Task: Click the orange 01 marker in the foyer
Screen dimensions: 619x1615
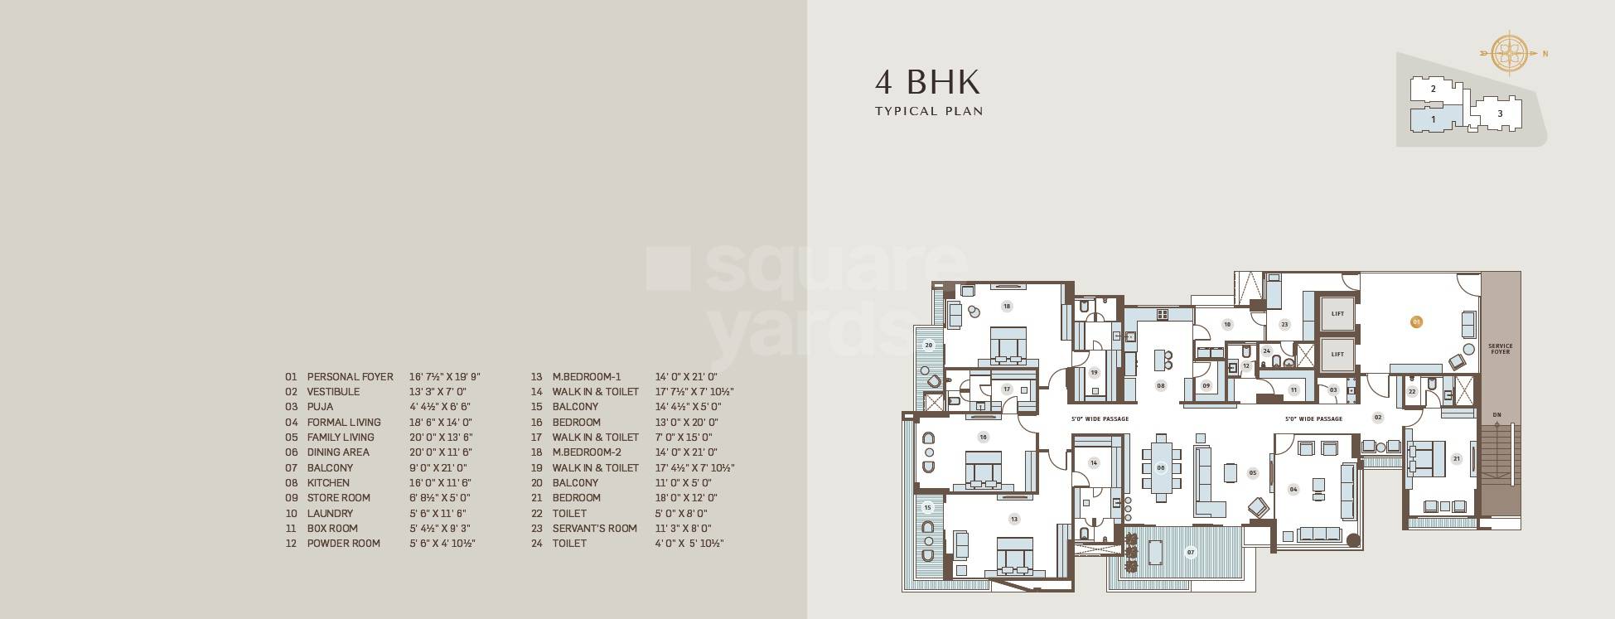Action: coord(1416,321)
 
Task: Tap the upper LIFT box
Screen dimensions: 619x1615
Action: coord(1337,314)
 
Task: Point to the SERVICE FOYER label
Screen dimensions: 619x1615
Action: coord(1500,349)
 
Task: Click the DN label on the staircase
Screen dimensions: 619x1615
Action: coord(1497,414)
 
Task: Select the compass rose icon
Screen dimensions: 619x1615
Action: coord(1510,54)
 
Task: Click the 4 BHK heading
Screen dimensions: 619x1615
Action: coord(927,82)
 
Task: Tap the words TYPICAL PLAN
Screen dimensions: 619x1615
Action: coord(929,111)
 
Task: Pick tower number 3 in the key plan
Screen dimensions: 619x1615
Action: coord(1499,114)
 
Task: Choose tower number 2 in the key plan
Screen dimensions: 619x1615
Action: coord(1433,89)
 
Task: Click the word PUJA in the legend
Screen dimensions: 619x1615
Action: coord(320,407)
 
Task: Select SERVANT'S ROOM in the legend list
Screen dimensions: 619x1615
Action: coord(594,528)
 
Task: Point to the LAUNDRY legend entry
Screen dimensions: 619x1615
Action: coord(330,513)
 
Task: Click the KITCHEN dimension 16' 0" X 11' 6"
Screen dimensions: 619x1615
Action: coord(440,482)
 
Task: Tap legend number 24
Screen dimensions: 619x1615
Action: coord(537,544)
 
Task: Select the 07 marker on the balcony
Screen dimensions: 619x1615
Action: coord(1191,552)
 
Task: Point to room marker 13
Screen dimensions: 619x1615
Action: coord(1013,520)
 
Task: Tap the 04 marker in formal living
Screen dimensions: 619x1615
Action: coord(1293,489)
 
